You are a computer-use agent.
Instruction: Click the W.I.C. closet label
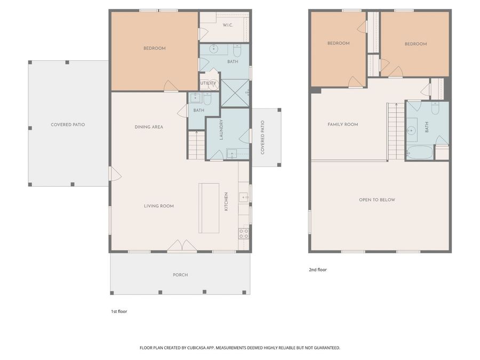[227, 25]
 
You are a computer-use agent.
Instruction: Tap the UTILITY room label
[208, 83]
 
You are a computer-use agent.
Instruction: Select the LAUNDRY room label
[221, 130]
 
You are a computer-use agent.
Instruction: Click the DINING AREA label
[149, 127]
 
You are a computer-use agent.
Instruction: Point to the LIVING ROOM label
[159, 206]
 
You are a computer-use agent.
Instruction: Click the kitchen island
[209, 208]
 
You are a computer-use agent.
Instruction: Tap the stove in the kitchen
[244, 234]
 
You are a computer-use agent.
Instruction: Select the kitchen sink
[244, 197]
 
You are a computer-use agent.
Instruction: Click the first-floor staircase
[196, 145]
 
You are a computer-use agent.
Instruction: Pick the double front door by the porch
[182, 245]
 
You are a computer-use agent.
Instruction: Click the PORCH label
[180, 275]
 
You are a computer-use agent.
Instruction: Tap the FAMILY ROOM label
[343, 124]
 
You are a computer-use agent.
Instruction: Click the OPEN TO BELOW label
[377, 200]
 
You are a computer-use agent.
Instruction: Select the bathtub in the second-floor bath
[420, 153]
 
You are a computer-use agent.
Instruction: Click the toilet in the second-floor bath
[435, 108]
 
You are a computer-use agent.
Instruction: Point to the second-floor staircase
[396, 132]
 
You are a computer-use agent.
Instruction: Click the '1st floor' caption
[119, 311]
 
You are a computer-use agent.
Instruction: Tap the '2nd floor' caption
[318, 270]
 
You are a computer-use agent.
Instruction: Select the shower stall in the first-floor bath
[235, 93]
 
